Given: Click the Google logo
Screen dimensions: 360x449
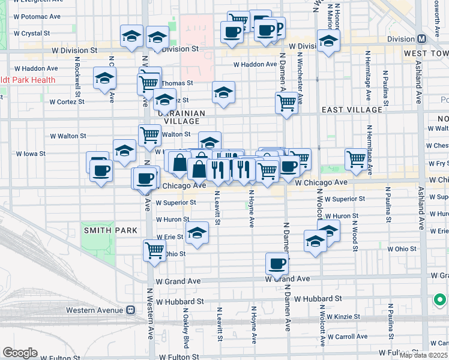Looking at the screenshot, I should (20, 353).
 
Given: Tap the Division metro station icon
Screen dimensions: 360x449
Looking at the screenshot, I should (422, 38).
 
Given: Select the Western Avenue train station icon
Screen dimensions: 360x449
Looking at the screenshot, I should (130, 310).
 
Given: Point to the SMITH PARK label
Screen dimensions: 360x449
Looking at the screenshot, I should (111, 230).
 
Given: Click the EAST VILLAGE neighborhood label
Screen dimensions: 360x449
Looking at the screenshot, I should (352, 110).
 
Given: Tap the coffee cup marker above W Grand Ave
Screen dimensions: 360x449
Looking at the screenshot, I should (277, 263).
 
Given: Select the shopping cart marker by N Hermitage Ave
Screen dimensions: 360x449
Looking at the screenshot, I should (356, 159).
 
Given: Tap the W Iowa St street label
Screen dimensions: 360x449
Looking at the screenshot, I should (31, 154).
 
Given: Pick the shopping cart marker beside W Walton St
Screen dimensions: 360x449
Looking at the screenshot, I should (149, 135).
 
